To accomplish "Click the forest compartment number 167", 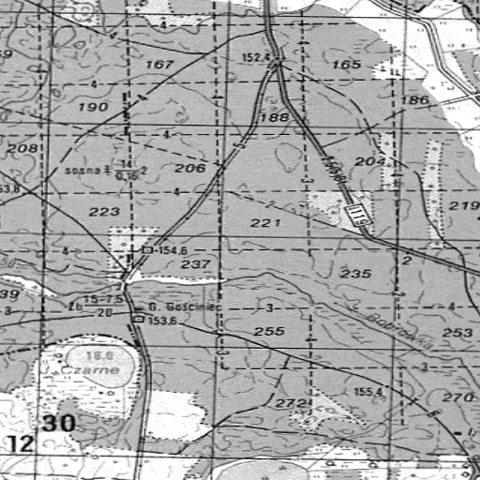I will [x=160, y=65].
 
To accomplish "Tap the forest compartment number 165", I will [x=346, y=65].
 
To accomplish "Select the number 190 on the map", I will [x=94, y=108].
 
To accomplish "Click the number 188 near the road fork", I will [x=275, y=117].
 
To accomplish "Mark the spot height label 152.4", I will [x=255, y=57].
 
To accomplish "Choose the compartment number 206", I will [x=189, y=168].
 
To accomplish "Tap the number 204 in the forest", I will [x=371, y=162].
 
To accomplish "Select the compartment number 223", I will [x=104, y=212].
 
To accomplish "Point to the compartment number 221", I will [x=266, y=223].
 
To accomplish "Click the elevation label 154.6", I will [x=169, y=251].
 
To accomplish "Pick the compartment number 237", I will [x=195, y=265].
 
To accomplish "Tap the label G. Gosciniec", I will [x=176, y=307].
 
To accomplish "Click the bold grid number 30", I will [x=58, y=424].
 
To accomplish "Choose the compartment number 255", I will [x=269, y=332].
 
